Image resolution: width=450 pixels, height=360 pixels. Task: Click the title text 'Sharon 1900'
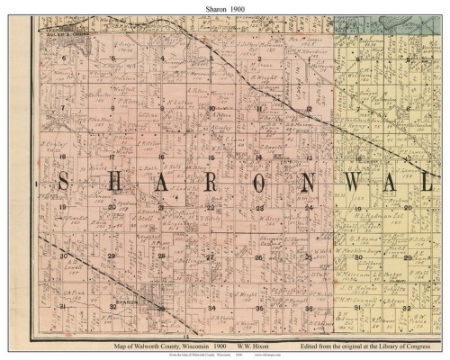tap(224, 7)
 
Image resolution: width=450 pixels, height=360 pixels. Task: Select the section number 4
tap(162, 58)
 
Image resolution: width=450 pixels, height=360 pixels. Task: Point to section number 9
tap(162, 108)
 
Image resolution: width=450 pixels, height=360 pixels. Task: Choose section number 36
tap(308, 308)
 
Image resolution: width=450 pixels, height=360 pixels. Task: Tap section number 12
tap(308, 108)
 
